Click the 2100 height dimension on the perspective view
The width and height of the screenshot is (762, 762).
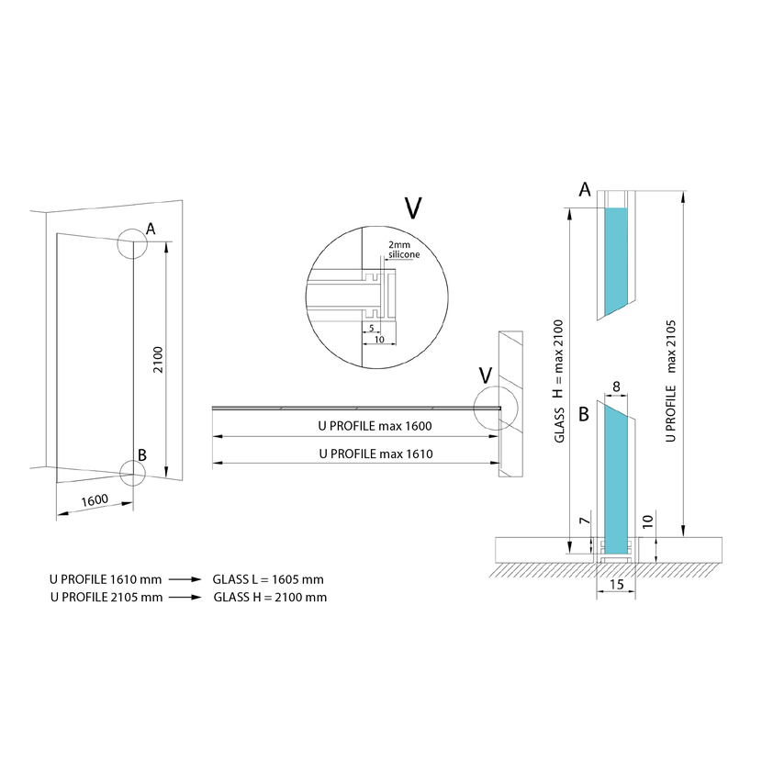coord(159,360)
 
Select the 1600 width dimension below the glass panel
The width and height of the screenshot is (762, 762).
coord(95,500)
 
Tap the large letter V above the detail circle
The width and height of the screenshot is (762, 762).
coord(413,208)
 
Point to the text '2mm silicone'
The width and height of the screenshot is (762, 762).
coord(404,250)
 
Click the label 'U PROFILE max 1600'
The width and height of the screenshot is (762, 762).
coord(375,426)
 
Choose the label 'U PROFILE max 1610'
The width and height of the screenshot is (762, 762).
coord(375,454)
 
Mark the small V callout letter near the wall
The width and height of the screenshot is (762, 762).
coord(486,375)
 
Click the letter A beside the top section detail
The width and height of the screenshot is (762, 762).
coord(585,189)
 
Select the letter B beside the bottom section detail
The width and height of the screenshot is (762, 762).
coord(584,415)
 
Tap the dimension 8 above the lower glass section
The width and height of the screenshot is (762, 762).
coord(616,387)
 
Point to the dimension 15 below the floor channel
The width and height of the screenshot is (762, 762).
coord(616,584)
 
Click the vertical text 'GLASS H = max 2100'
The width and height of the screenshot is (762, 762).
coord(559,381)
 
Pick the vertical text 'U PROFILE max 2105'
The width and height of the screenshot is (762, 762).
coord(670,380)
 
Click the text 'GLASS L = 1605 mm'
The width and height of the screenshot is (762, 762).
coord(268,579)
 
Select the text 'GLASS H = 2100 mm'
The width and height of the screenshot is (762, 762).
coord(270,598)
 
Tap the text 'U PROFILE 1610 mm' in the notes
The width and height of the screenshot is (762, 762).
coord(106,579)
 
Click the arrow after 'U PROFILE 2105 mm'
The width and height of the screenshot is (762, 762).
coord(185,598)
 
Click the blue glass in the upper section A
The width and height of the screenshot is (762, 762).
coord(616,260)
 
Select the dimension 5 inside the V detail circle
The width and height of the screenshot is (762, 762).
coord(372,328)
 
